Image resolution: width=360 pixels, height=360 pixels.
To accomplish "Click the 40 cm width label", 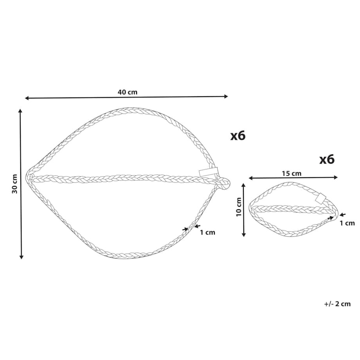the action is click(128, 92).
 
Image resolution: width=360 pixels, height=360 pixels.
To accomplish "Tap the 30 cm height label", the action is click(15, 184).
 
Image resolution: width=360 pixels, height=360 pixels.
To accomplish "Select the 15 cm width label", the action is click(292, 174).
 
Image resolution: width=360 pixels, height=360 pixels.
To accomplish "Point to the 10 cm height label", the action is click(239, 207).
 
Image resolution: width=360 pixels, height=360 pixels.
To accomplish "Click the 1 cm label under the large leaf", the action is click(207, 232).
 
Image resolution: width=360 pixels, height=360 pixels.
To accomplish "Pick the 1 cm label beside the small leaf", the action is click(347, 223).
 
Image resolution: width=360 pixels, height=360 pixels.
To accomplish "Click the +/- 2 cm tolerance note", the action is click(337, 304).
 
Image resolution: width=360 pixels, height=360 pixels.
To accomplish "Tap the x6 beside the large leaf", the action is click(238, 136).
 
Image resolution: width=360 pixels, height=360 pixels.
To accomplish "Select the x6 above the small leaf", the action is click(327, 160).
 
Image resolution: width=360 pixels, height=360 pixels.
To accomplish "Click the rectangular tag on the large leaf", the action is click(209, 172).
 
